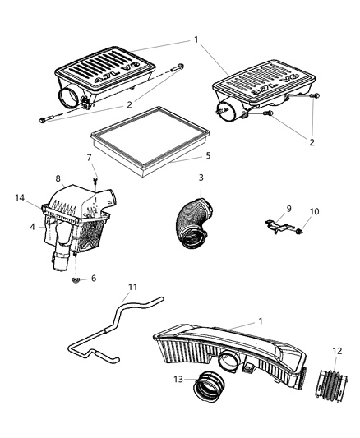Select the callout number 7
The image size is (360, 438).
pyautogui.click(x=90, y=157)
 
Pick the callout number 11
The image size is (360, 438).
pyautogui.click(x=132, y=288)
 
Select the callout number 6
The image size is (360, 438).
pyautogui.click(x=94, y=279)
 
